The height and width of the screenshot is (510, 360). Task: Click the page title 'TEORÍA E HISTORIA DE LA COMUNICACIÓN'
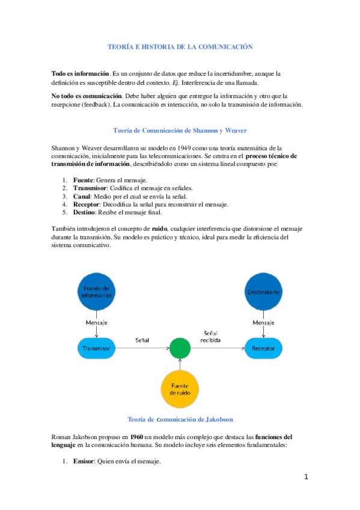180,46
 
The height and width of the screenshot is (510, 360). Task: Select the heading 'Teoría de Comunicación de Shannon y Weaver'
180,130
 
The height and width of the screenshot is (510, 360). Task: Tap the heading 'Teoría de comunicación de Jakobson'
180,419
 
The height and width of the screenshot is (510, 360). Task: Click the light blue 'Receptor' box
263,347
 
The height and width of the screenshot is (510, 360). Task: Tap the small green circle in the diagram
180,347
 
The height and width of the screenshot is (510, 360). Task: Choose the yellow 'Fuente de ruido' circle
180,389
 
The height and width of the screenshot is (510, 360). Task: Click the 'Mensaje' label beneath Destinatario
263,323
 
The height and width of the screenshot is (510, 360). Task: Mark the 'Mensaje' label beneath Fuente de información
96,323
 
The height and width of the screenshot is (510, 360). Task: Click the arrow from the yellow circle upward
180,364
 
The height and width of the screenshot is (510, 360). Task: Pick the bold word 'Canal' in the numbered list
82,196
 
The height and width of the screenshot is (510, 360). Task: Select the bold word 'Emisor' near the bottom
84,462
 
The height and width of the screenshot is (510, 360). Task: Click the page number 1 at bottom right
306,478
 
